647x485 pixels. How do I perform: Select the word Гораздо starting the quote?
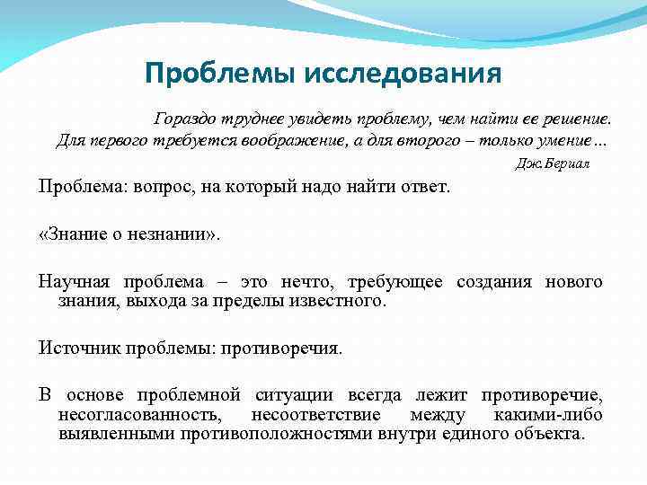click(x=185, y=119)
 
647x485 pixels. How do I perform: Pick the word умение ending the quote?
click(x=563, y=141)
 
